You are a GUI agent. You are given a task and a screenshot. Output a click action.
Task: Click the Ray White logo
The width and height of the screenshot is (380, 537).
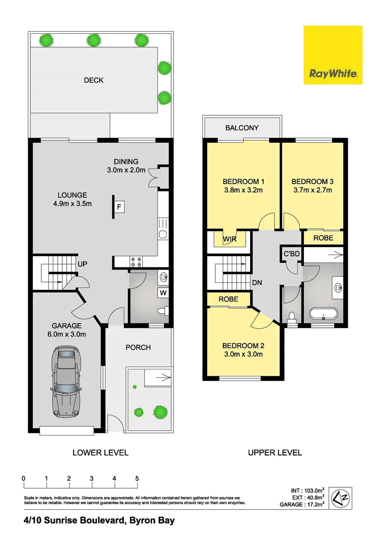(333, 55)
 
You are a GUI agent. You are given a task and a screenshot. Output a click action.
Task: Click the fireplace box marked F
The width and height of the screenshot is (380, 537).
(119, 206)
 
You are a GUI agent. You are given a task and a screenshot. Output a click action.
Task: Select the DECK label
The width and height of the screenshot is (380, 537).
(94, 80)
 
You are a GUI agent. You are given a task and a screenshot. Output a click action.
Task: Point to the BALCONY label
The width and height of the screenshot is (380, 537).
(242, 128)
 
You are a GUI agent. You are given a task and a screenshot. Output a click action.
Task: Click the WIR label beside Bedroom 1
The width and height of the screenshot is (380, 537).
(229, 239)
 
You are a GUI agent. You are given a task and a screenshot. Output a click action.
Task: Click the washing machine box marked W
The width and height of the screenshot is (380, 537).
(163, 293)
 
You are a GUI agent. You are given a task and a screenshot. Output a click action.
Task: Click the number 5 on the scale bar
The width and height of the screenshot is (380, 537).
(137, 478)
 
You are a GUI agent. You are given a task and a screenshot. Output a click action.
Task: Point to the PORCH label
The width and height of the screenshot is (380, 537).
(138, 347)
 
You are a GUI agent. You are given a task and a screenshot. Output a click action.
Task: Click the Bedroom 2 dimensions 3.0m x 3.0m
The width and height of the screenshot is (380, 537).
(242, 354)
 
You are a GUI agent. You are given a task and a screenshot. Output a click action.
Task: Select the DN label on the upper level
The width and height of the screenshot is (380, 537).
(257, 282)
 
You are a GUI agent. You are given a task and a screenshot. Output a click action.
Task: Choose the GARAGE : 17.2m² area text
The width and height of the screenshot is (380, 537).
(307, 504)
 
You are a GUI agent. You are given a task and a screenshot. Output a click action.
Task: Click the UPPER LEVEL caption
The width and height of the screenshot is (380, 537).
(275, 452)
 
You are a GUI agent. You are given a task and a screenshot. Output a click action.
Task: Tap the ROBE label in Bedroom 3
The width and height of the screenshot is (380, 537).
(323, 238)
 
